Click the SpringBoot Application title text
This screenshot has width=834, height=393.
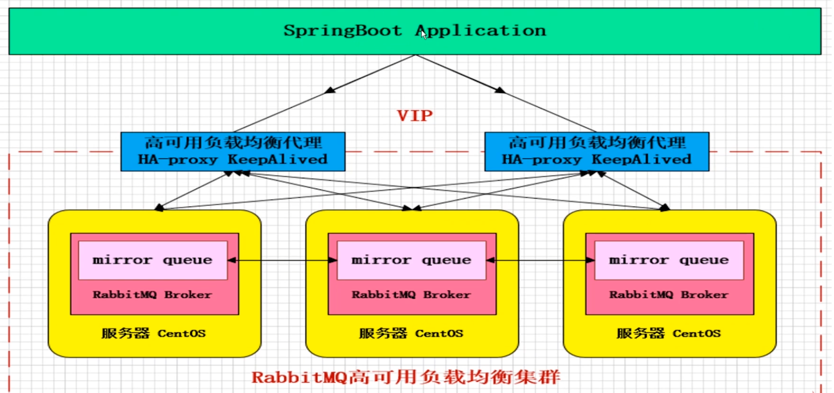coord(414,30)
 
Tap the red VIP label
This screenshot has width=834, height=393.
coord(414,116)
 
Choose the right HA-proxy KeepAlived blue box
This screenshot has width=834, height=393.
coord(597,152)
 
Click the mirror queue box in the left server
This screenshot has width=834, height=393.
coord(153,260)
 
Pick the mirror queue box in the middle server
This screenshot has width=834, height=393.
coord(411,260)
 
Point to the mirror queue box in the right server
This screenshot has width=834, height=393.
coord(669,260)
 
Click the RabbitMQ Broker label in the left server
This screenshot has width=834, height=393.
coord(152,295)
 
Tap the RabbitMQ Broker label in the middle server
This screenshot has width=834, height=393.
coord(411,295)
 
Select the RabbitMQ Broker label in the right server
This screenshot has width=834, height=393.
coord(669,295)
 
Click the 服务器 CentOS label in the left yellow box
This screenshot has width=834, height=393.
coord(154,333)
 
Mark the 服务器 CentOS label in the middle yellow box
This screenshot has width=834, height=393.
coord(411,333)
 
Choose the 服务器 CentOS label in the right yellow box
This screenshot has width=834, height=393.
coord(669,333)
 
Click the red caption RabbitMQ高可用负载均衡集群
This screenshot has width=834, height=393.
coord(406,377)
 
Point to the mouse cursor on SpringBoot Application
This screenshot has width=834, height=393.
coord(424,34)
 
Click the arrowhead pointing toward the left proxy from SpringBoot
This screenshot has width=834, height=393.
coord(330,90)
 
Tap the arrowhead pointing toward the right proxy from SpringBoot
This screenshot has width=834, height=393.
coord(500,90)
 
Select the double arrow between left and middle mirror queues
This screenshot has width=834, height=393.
coord(282,260)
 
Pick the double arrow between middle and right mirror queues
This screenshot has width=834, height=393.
coord(540,260)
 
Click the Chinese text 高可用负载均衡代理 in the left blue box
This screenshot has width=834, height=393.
coord(233,143)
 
